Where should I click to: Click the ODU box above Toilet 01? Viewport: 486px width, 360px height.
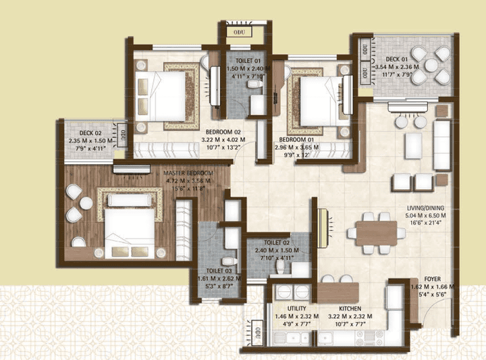point(239,32)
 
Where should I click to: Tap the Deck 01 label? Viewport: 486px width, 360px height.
point(397,59)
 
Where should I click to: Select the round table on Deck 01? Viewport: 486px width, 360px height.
point(431,65)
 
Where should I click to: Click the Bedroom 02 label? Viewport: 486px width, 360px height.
point(223,132)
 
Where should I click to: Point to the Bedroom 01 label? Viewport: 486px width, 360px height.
point(296,140)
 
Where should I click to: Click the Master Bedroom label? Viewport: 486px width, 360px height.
point(188,174)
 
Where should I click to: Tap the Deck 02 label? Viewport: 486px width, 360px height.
point(90,133)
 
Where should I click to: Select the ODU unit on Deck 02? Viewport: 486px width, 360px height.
point(122,135)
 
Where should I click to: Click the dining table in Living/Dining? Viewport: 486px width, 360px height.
point(376,233)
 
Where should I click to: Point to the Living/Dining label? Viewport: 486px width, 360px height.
point(425,208)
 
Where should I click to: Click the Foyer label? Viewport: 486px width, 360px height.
point(433,279)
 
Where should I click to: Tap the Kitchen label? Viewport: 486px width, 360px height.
point(350,309)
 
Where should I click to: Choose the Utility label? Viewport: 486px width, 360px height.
point(296,309)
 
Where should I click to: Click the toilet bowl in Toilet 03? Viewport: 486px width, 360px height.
point(230,261)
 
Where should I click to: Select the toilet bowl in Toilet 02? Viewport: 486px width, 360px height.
point(280,267)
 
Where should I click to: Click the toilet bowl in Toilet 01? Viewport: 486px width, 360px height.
point(255,84)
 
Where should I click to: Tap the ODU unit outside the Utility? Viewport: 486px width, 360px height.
point(258,332)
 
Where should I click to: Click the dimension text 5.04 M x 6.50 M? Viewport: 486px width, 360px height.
point(426,215)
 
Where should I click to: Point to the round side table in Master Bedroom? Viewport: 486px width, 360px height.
point(86,203)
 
